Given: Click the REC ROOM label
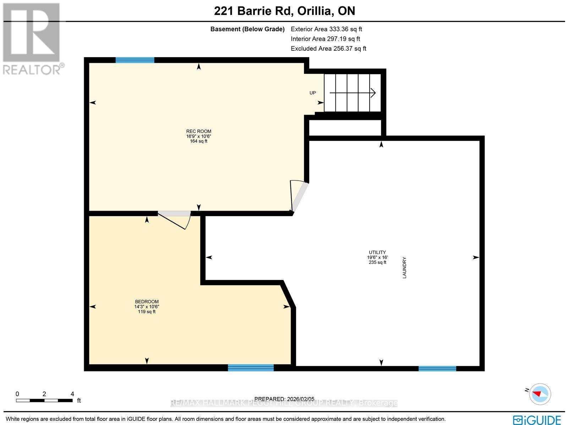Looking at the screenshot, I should [198, 131].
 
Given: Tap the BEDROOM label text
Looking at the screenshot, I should [147, 302].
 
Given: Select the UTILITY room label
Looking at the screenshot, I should [377, 253].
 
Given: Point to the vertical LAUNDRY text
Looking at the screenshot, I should [404, 267].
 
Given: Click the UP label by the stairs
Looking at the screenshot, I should [312, 93].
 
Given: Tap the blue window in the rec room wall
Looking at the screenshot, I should [135, 60].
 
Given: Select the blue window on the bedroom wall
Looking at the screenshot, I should [251, 368].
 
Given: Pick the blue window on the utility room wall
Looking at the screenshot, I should [437, 369].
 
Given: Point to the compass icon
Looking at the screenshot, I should [540, 394].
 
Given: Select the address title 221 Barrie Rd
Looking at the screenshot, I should [284, 11].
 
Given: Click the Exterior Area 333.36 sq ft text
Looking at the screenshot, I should [326, 29].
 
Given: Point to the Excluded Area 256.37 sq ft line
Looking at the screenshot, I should [328, 49].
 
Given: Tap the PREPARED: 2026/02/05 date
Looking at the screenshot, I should [284, 399].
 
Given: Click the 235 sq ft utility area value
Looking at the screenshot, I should [377, 263].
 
